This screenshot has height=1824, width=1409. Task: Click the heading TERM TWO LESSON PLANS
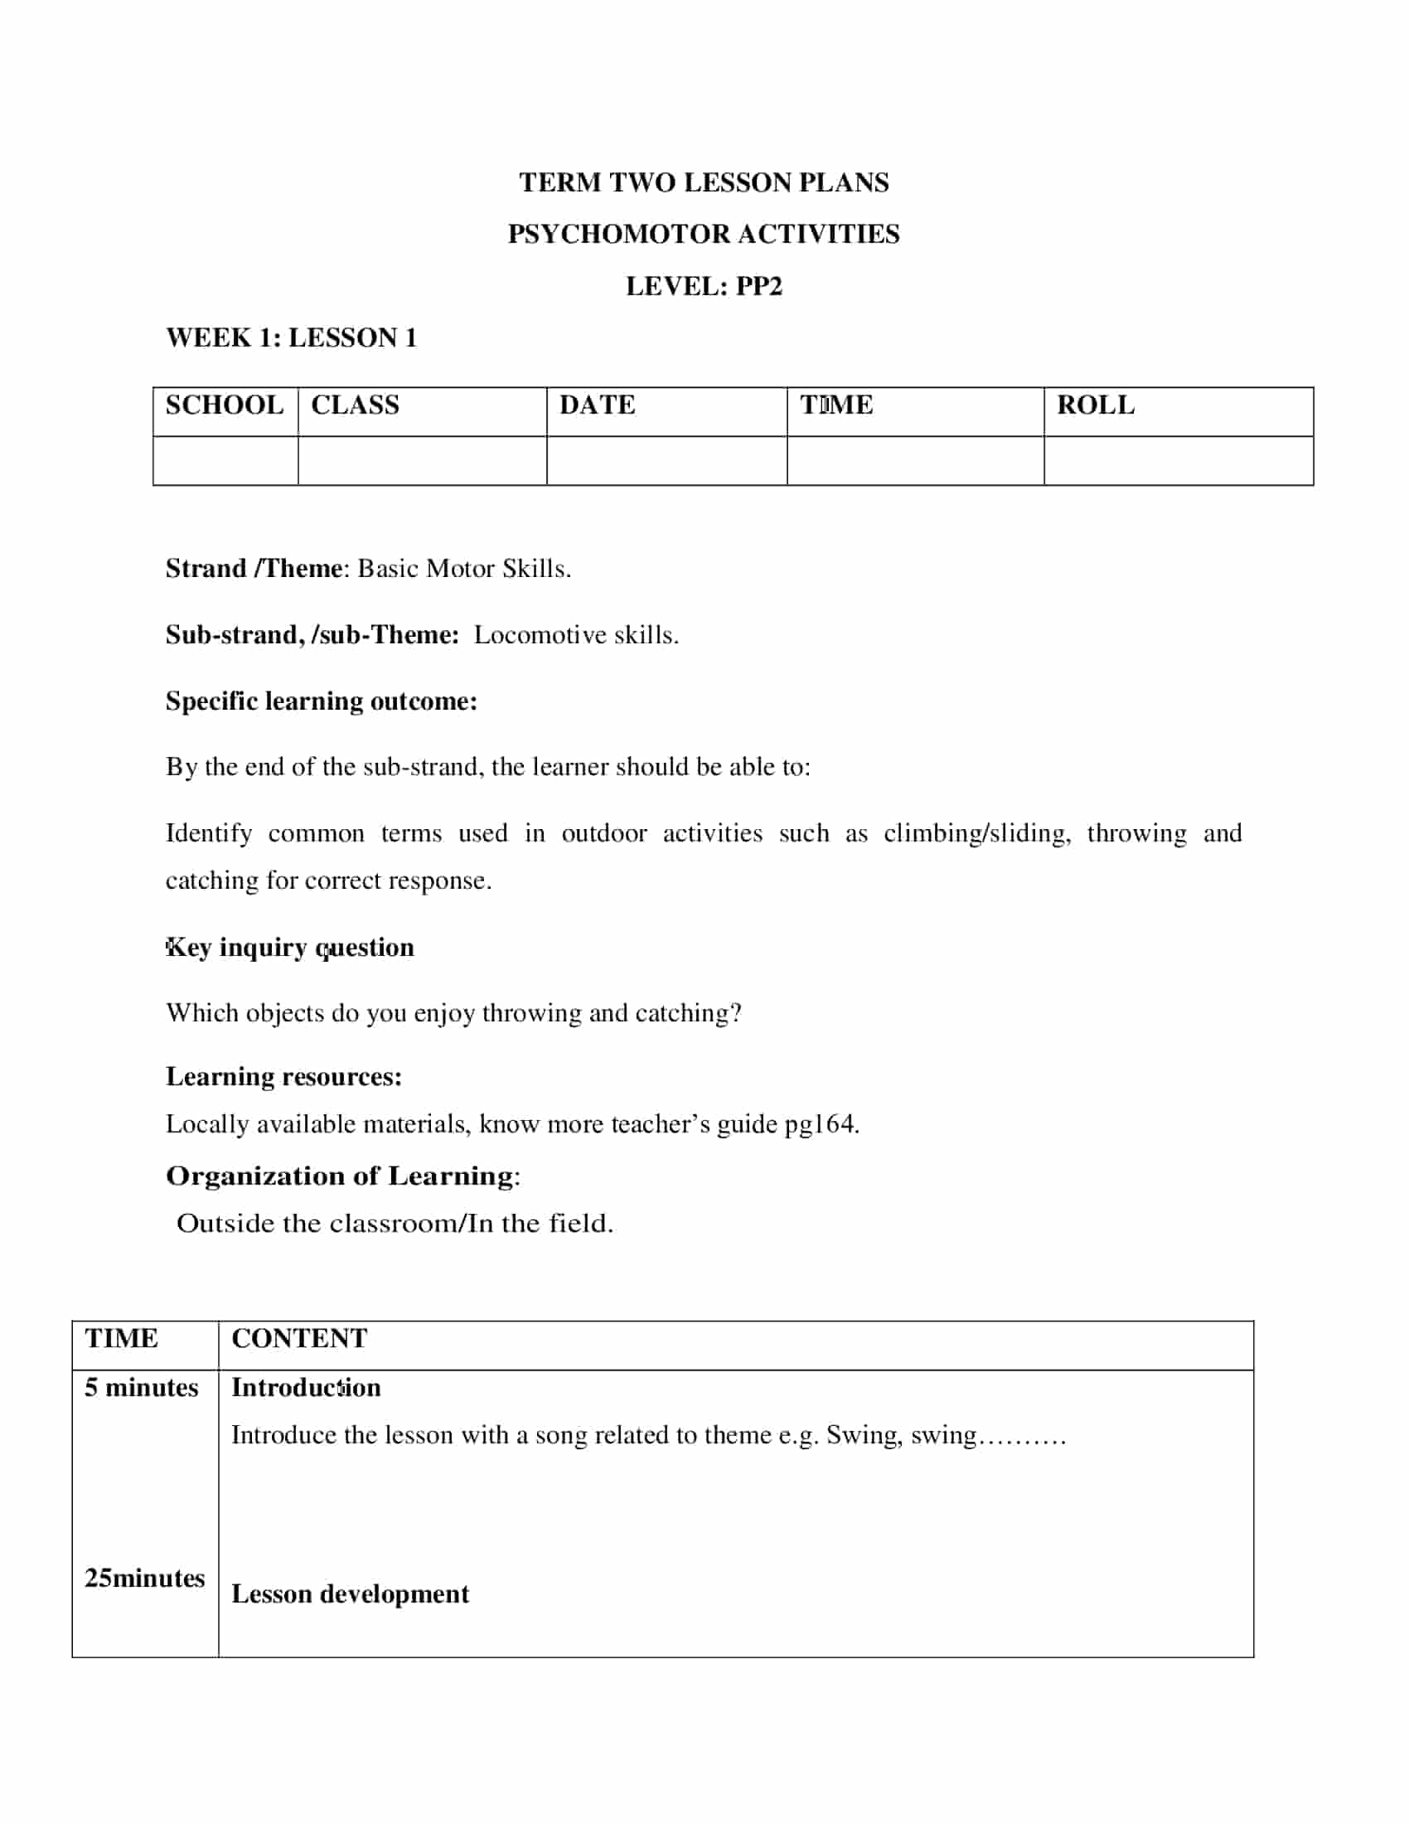[x=704, y=182]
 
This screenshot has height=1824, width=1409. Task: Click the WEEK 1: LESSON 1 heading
[x=291, y=337]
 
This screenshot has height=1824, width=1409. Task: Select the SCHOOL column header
[x=225, y=405]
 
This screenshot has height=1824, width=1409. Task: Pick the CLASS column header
[x=355, y=405]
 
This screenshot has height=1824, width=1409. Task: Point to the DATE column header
[x=597, y=405]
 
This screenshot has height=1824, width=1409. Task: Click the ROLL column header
[x=1095, y=405]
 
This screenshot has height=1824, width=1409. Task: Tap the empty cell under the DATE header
[x=666, y=460]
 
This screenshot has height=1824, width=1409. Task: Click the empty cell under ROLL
[x=1178, y=460]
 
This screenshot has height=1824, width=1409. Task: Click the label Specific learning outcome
[x=322, y=701]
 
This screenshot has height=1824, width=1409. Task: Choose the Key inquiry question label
[x=289, y=947]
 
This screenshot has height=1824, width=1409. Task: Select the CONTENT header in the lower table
[x=299, y=1338]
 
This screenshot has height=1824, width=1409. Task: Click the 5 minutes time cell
[x=142, y=1387]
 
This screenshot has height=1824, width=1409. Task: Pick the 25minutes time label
[x=144, y=1578]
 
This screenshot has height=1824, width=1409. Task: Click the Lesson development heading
[x=350, y=1594]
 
